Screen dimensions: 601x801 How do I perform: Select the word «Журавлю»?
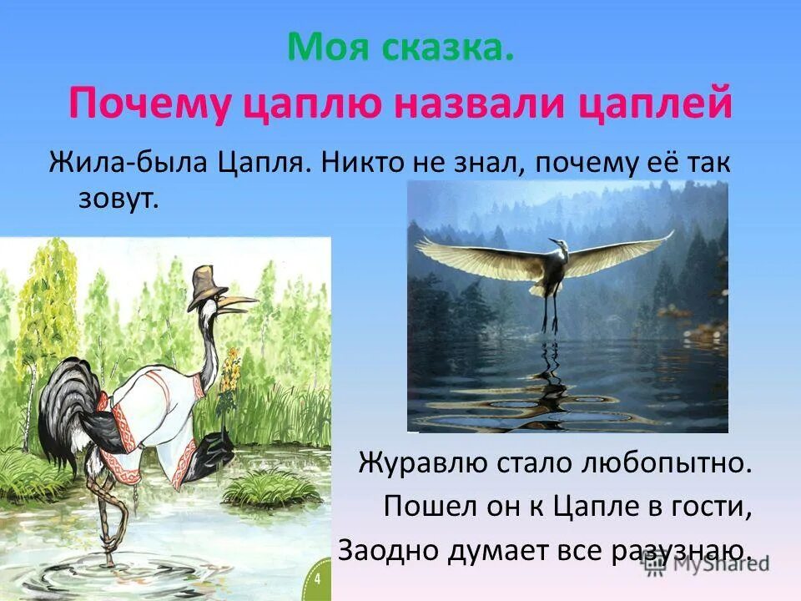pyautogui.click(x=425, y=463)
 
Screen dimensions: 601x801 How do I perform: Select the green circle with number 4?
pyautogui.click(x=318, y=579)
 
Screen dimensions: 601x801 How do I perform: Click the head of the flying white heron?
pyautogui.click(x=554, y=245)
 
